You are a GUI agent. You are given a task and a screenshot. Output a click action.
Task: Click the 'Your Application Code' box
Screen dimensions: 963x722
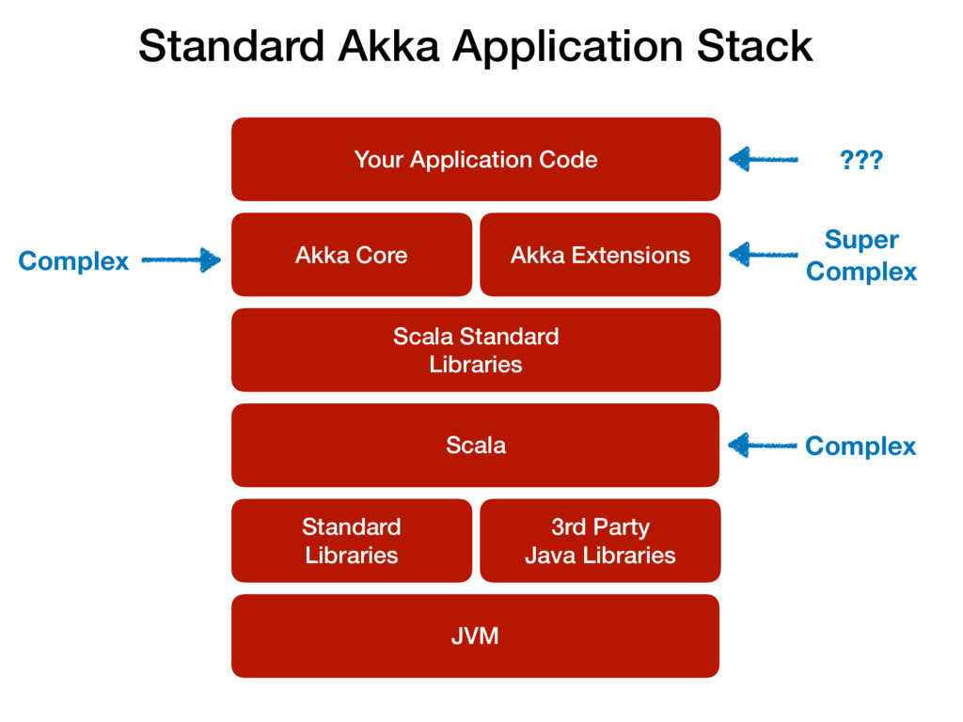476,159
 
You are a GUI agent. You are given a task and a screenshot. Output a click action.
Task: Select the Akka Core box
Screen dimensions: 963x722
352,255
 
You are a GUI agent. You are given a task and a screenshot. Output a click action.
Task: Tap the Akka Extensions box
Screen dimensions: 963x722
600,255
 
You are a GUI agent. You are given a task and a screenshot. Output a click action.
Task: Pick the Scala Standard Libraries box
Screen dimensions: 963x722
476,350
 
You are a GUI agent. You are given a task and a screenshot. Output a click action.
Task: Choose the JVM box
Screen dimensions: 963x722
475,636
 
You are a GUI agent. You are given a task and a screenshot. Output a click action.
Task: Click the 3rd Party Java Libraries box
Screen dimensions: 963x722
600,541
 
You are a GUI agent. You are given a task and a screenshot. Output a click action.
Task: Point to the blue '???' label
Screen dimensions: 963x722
861,160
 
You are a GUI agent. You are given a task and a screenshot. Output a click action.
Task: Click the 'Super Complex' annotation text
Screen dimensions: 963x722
861,256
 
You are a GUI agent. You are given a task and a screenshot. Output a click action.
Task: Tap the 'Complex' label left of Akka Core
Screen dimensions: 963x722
73,261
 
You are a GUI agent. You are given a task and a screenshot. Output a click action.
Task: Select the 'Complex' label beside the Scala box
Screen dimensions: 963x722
860,447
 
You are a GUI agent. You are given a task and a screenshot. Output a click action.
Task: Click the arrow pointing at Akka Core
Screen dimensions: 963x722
182,259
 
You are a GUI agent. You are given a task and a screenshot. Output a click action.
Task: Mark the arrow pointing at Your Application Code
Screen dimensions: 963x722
764,160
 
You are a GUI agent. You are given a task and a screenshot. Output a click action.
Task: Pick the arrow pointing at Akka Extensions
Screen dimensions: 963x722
764,254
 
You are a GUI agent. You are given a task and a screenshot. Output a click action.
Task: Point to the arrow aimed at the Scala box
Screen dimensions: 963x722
762,445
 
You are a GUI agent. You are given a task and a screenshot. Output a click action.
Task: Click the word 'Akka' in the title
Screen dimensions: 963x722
388,46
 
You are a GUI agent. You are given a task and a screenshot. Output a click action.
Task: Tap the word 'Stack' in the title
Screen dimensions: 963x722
755,46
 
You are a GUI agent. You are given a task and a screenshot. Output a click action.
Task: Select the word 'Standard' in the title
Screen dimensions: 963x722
231,46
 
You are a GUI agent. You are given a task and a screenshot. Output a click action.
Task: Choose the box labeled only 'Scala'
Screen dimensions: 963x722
475,445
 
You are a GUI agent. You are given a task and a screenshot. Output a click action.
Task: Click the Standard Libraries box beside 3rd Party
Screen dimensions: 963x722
352,541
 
